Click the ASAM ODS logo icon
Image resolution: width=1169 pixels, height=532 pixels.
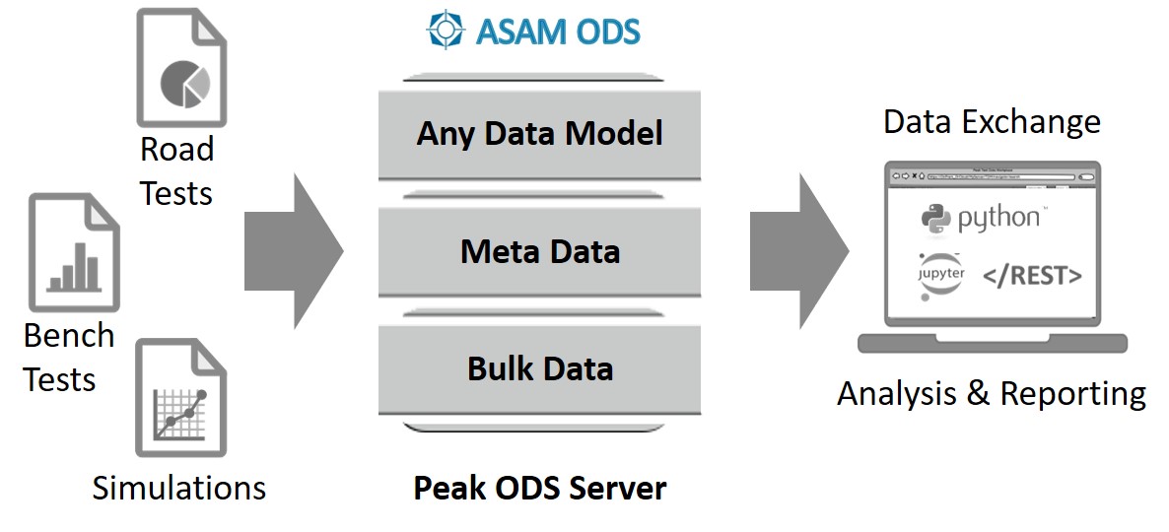click(445, 30)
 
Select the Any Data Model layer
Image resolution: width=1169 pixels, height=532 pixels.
click(539, 134)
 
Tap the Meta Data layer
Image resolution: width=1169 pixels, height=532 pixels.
click(539, 251)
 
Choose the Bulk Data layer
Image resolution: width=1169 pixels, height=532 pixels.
click(539, 368)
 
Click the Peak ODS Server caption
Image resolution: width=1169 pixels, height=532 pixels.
click(539, 488)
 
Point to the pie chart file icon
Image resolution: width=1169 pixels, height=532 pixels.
click(183, 69)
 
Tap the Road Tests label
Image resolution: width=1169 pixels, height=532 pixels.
click(176, 170)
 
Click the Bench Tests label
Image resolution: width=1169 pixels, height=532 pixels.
click(68, 357)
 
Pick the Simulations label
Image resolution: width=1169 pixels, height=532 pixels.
click(178, 488)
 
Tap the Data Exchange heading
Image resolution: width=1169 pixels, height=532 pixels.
click(991, 122)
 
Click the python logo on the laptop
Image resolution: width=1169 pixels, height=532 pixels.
click(980, 218)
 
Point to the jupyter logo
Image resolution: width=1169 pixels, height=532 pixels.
click(942, 273)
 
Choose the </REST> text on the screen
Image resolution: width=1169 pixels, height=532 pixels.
click(1032, 276)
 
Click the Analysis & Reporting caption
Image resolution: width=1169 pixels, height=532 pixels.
click(991, 394)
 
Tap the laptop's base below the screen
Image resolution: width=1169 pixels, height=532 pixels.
click(992, 342)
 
